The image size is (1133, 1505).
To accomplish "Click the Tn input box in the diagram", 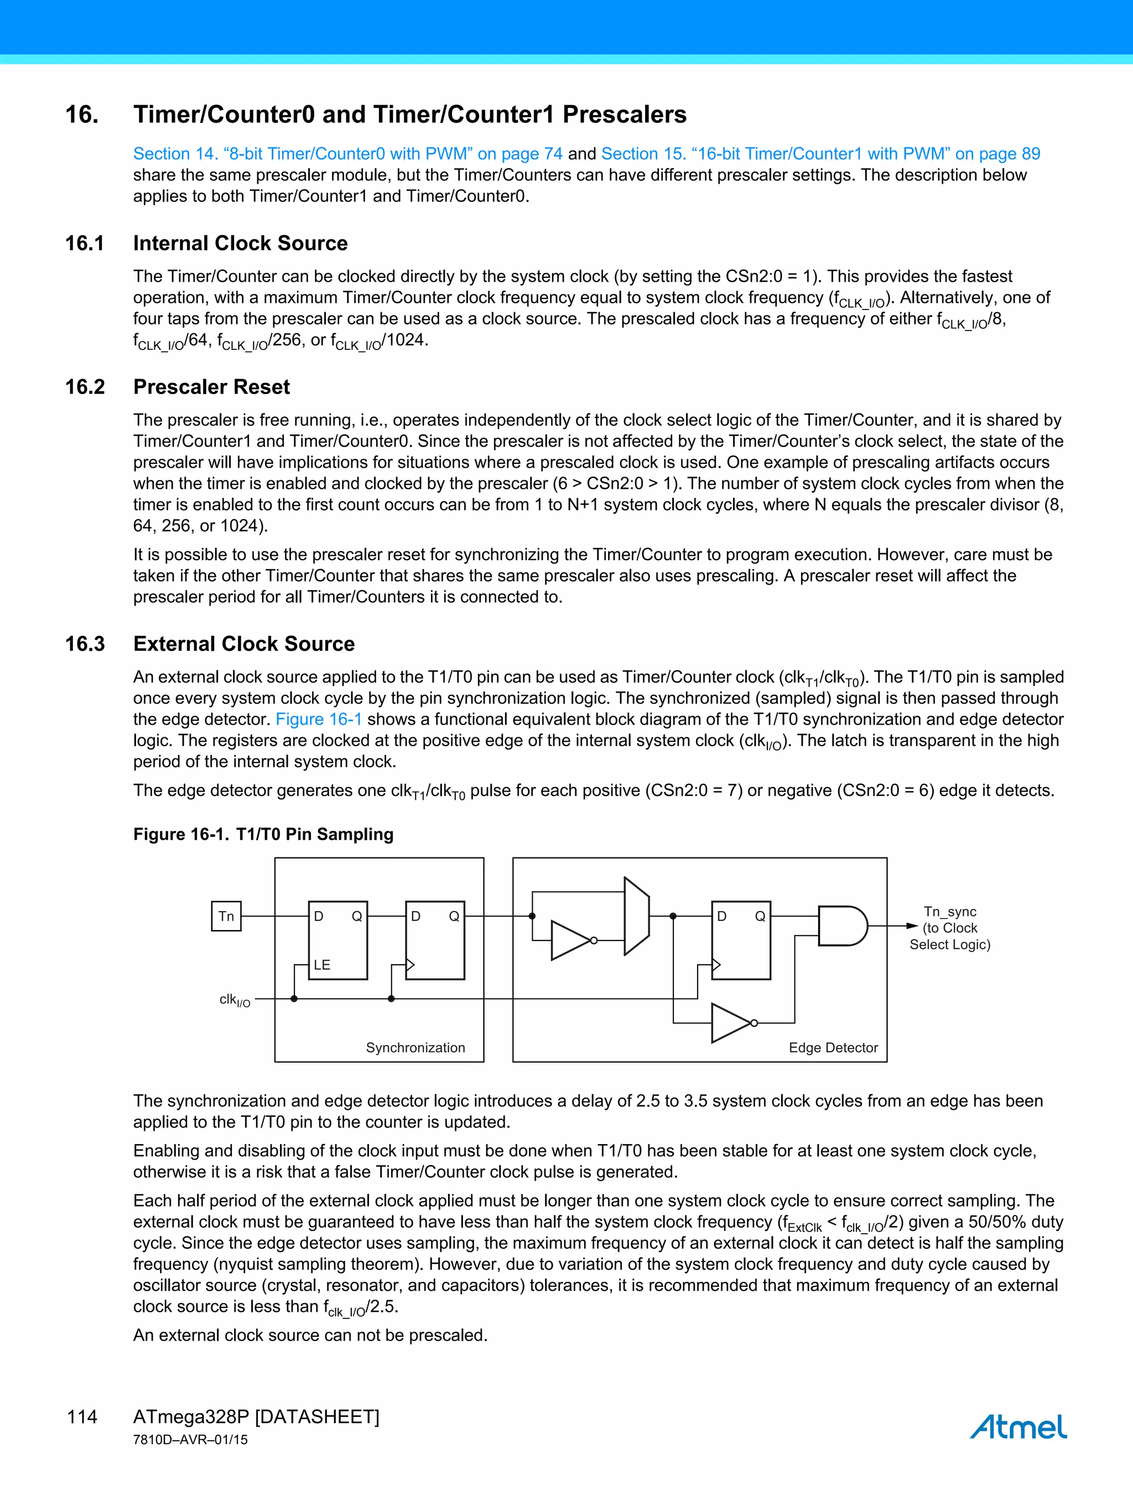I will [x=226, y=917].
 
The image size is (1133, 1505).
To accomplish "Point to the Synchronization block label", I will [x=415, y=1048].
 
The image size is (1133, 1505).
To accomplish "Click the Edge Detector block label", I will [x=833, y=1048].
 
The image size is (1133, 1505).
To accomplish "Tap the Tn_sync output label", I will [x=949, y=912].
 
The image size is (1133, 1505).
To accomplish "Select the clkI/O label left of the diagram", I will [x=235, y=1000].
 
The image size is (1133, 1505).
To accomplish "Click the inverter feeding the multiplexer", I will [x=571, y=940].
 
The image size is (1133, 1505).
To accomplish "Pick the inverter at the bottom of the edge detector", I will [x=731, y=1022].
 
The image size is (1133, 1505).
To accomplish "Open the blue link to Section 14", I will [x=347, y=154].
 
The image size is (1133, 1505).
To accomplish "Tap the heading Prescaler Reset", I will [x=211, y=386].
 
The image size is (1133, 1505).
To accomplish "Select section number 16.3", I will [x=85, y=644].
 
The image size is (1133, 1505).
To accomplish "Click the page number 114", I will [x=82, y=1416].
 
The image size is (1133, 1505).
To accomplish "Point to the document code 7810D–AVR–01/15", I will [x=190, y=1440].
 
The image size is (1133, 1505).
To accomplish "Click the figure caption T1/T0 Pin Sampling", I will [x=314, y=834].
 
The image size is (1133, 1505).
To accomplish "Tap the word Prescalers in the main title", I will [x=624, y=115].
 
